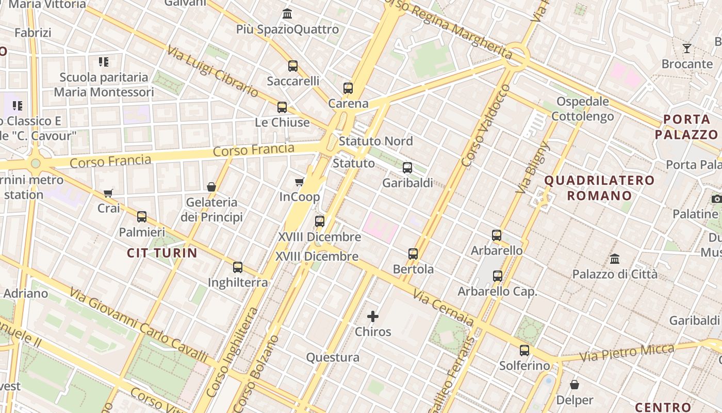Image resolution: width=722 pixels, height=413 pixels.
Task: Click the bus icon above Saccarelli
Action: [293, 66]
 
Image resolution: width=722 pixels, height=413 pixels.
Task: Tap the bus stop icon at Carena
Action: [348, 88]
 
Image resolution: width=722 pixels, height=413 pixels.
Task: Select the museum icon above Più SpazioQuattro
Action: [287, 14]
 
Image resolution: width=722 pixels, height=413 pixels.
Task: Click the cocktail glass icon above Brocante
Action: [687, 49]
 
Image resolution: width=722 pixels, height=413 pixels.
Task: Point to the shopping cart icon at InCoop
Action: [299, 182]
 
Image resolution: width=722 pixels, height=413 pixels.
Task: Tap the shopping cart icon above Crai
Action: [108, 194]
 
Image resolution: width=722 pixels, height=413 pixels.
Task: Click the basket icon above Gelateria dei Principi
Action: [211, 187]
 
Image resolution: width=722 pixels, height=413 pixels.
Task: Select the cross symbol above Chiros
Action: [373, 316]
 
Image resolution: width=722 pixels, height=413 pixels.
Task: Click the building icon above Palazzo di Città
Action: [615, 259]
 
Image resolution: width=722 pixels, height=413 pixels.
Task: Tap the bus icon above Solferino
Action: [524, 351]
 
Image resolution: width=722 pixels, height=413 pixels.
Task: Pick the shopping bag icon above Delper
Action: [575, 385]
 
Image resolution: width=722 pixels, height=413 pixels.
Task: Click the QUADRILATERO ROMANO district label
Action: [599, 188]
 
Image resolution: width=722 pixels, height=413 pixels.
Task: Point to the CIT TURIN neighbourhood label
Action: [162, 253]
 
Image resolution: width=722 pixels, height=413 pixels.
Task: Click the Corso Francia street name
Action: [253, 151]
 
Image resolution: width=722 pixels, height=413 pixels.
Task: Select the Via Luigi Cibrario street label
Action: [212, 72]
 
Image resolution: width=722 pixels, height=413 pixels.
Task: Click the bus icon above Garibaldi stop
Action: [407, 168]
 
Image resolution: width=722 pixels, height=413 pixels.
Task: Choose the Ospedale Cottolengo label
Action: [583, 109]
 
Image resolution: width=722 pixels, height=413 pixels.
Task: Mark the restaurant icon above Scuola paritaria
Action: [104, 62]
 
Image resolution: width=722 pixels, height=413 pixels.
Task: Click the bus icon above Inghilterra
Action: [238, 267]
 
